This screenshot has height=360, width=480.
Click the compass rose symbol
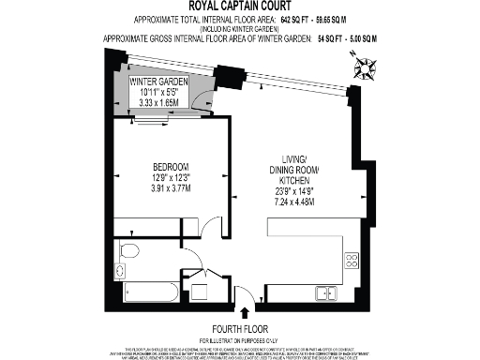pyautogui.click(x=366, y=67)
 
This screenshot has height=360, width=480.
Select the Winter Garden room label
pyautogui.click(x=159, y=82)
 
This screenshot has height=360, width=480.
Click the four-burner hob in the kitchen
pyautogui.click(x=352, y=262)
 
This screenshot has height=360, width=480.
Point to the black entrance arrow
pyautogui.click(x=247, y=312)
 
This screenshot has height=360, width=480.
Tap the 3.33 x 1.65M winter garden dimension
pyautogui.click(x=158, y=104)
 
